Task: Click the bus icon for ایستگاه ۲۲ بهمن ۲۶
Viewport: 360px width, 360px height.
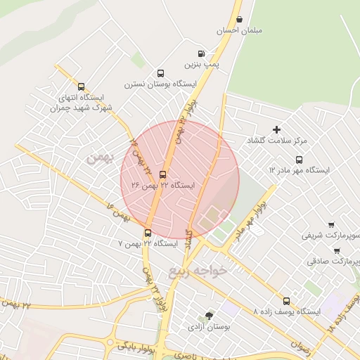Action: (163, 174)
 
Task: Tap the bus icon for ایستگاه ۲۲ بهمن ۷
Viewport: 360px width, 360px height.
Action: (148, 233)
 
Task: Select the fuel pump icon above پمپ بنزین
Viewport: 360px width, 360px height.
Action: (202, 53)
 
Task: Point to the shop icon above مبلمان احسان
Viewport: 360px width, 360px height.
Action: (240, 20)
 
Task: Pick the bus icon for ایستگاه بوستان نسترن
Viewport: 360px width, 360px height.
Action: (160, 73)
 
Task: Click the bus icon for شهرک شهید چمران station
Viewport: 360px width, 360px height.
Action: (82, 86)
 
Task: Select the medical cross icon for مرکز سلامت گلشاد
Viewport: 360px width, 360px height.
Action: (276, 129)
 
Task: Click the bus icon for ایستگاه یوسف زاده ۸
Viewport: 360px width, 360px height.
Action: (285, 300)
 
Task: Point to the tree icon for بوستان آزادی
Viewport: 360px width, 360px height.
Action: (209, 316)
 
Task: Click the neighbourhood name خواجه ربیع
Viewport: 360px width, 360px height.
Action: (200, 271)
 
